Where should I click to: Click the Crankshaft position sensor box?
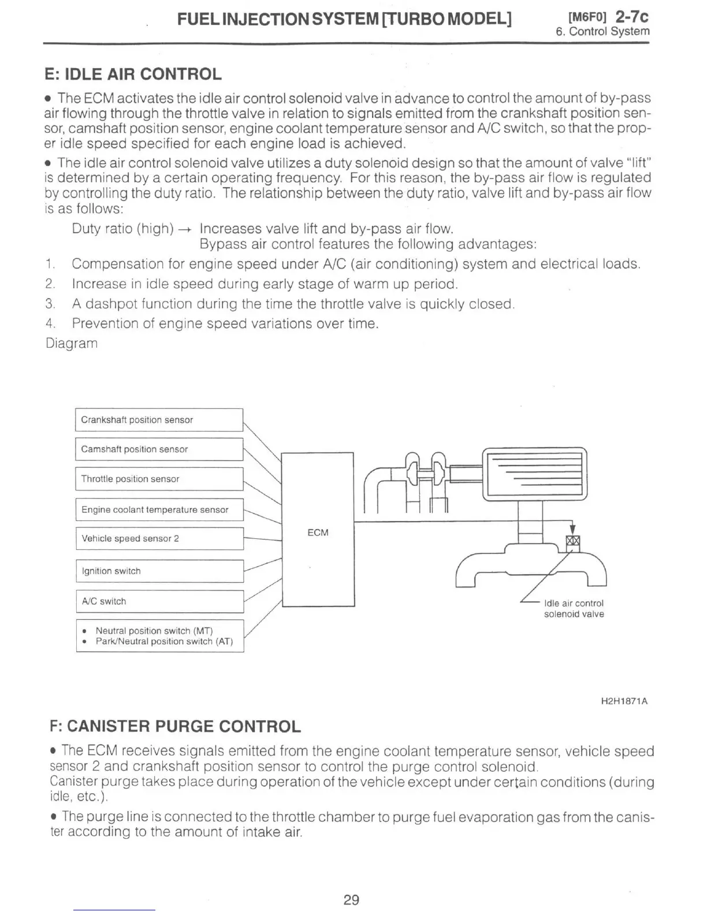[x=159, y=420]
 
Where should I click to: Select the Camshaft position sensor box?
[x=159, y=449]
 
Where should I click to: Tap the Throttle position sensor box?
[x=159, y=479]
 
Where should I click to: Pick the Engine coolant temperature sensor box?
[x=159, y=509]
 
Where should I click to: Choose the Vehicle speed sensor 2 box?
[x=159, y=538]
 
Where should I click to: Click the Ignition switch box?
[x=159, y=571]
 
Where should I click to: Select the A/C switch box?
[x=159, y=601]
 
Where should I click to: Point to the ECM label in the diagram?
[x=318, y=533]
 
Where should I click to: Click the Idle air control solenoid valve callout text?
[x=574, y=609]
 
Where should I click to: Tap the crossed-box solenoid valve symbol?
[x=572, y=541]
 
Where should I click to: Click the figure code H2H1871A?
[x=624, y=701]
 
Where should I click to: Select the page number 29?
[x=351, y=899]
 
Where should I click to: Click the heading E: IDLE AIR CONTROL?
[x=133, y=75]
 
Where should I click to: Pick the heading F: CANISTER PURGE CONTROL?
[x=176, y=726]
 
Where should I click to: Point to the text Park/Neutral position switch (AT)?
[x=164, y=641]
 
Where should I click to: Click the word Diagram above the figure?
[x=72, y=343]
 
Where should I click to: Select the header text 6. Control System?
[x=602, y=32]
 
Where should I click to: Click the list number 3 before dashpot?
[x=50, y=304]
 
